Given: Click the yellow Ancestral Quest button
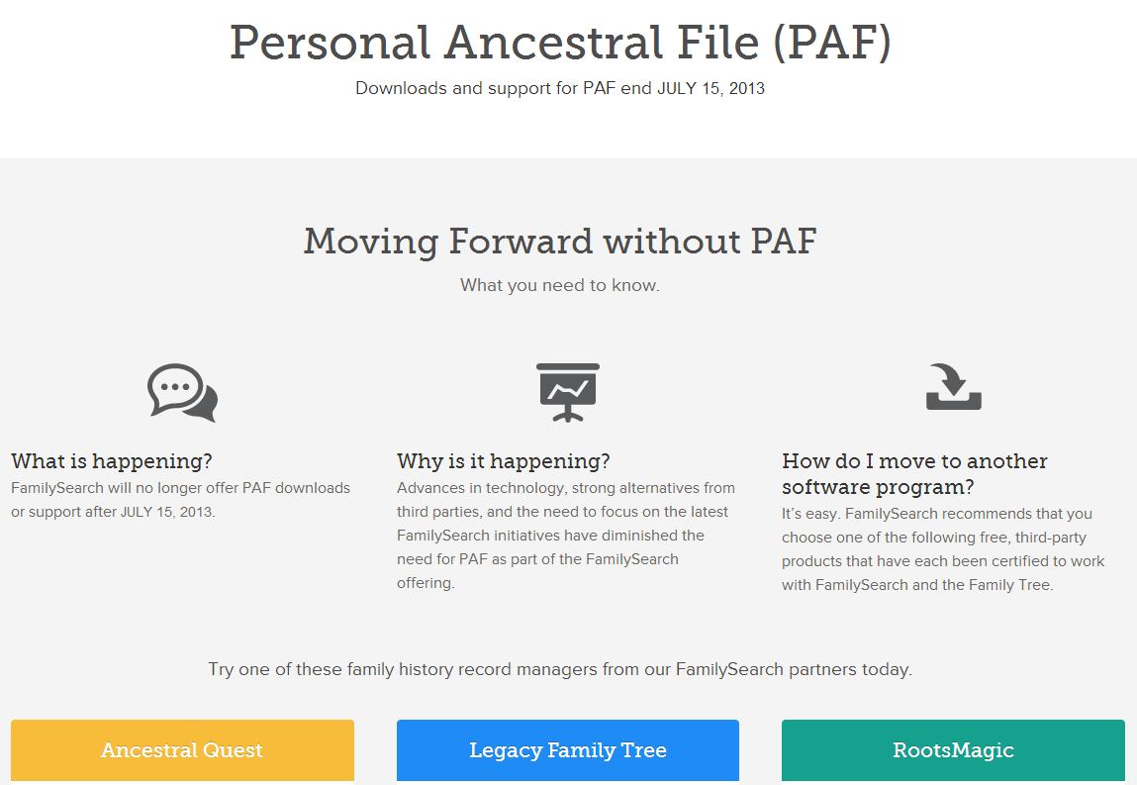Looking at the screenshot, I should [182, 750].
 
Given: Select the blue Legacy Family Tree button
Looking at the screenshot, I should [567, 750].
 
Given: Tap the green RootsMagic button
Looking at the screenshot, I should [953, 750].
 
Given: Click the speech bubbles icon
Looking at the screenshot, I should [182, 393].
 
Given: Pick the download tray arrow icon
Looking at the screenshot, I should [953, 387].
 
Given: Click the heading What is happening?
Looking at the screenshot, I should [112, 461].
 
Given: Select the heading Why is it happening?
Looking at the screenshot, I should [503, 461].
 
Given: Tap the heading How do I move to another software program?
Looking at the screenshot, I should [914, 474].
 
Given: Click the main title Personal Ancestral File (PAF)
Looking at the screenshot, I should [560, 44].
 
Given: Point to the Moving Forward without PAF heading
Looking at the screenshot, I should [560, 241].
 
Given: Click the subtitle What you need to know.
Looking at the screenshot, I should [560, 285].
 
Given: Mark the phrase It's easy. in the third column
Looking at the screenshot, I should [811, 514].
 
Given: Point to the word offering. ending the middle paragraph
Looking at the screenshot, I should [426, 583].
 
